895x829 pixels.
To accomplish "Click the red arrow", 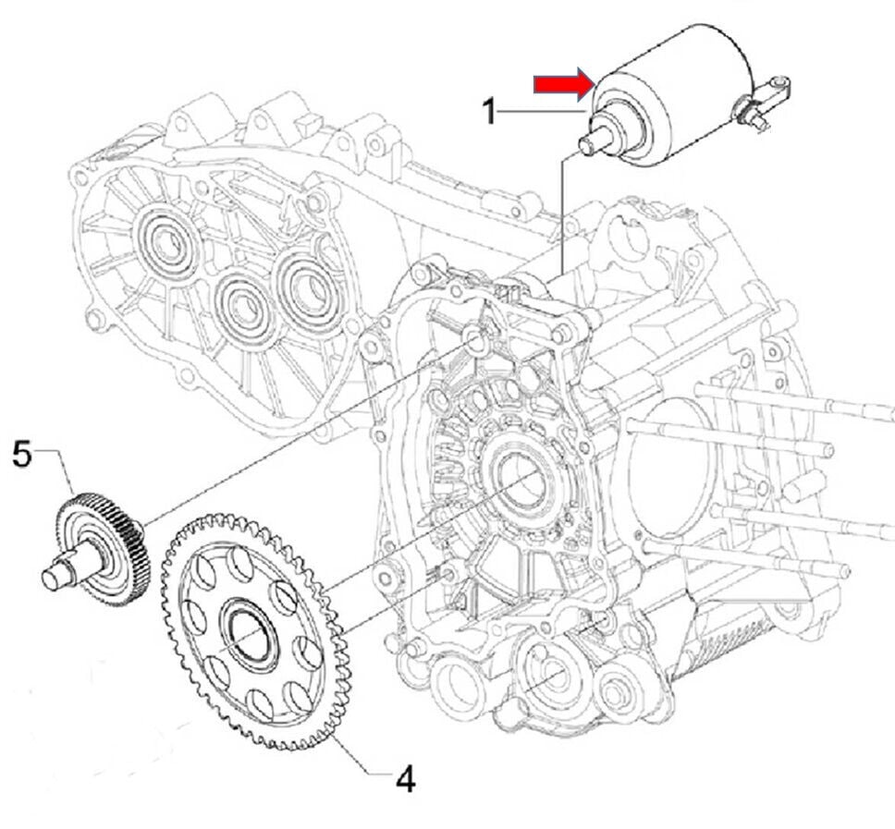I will click(x=562, y=85).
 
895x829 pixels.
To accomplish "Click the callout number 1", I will click(x=491, y=113).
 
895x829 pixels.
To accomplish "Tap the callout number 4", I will click(x=405, y=779).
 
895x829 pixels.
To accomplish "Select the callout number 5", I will click(x=22, y=455).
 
